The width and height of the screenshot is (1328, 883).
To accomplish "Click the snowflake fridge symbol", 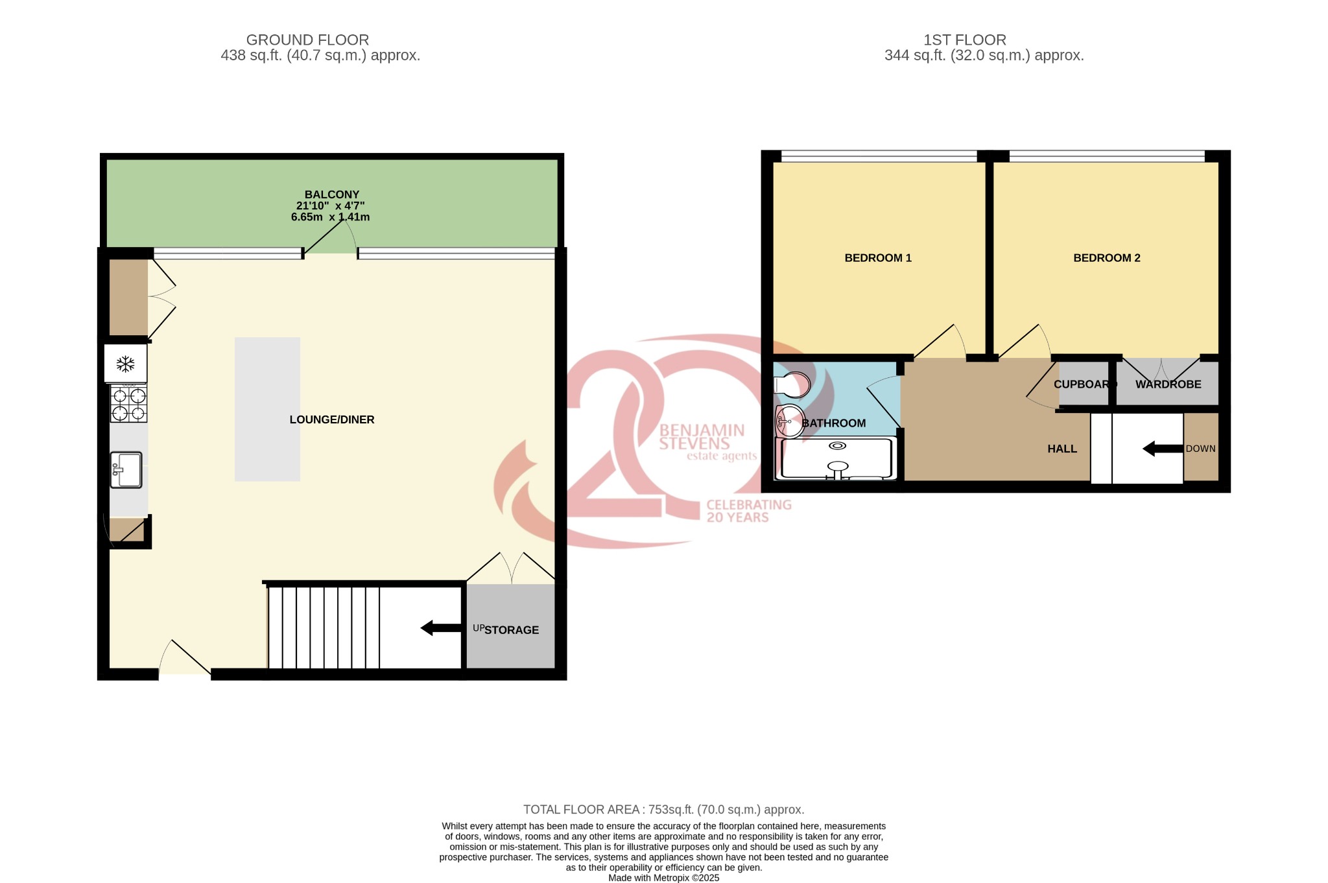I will point(125,364).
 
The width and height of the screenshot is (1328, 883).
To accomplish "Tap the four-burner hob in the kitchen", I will point(128,404).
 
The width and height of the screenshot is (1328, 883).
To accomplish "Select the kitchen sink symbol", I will point(126,469).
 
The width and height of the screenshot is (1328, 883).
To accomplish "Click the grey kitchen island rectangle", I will point(267,409).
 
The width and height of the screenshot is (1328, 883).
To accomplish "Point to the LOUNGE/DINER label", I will point(331,419).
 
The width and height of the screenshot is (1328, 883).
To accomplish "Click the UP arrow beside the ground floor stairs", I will point(441,628).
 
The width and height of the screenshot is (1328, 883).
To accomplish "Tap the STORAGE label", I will point(512,630).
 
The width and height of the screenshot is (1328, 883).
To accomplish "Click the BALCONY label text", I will point(331,194).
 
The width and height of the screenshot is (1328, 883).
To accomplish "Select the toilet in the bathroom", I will point(792,385).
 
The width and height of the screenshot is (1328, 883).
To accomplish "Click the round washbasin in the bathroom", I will point(789,421).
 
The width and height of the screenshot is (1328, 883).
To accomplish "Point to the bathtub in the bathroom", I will point(837,459).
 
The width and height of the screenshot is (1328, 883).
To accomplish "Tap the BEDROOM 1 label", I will point(877,258).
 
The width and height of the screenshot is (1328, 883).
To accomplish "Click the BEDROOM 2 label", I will point(1106,258).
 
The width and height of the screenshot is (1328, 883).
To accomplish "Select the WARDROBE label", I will point(1168,384).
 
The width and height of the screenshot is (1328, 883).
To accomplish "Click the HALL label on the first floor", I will point(1061,449).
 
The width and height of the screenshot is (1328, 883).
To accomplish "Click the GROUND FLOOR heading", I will point(307,40).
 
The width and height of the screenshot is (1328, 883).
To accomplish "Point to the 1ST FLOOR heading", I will point(964,40).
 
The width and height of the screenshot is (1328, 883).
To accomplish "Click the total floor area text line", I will point(663,809).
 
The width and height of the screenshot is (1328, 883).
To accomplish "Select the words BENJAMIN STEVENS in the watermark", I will point(701,437).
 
